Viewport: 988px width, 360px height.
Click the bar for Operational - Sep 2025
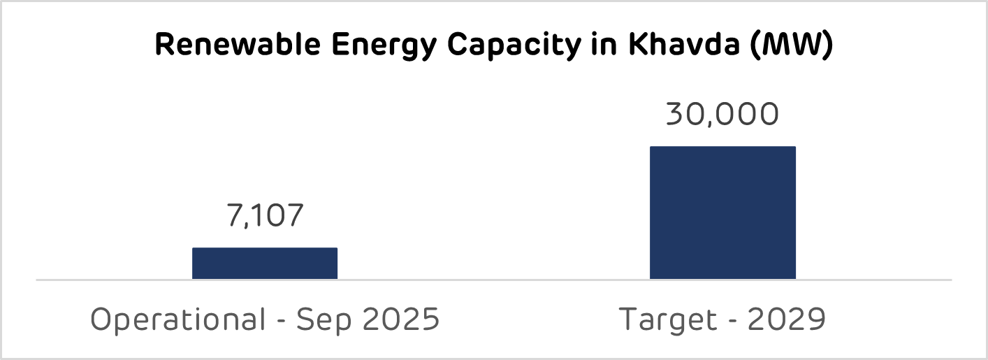point(265,264)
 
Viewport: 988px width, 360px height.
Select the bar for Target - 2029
point(722,213)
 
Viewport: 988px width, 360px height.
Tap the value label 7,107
point(265,216)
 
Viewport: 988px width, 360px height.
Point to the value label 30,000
point(722,115)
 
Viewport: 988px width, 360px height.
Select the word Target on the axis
point(667,321)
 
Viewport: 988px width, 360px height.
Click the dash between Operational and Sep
point(282,322)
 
